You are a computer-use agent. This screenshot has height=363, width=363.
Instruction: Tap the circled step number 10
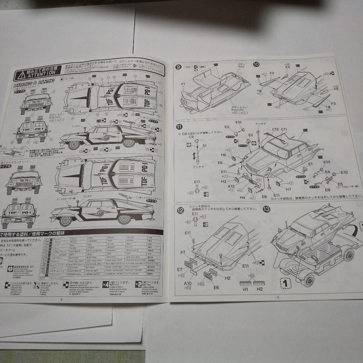tap(256, 65)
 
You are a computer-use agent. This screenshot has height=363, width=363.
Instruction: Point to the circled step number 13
tap(267, 209)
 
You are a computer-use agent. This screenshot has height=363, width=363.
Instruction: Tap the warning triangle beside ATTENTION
tap(22, 74)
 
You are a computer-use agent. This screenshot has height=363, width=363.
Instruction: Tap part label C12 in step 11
tap(276, 129)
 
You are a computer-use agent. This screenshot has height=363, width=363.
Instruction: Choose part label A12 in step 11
tap(231, 186)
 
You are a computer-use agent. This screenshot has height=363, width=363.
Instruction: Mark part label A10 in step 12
tap(188, 284)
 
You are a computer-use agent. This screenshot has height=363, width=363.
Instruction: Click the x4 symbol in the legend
tap(106, 284)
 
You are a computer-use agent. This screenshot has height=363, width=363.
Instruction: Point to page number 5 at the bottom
tap(278, 297)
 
